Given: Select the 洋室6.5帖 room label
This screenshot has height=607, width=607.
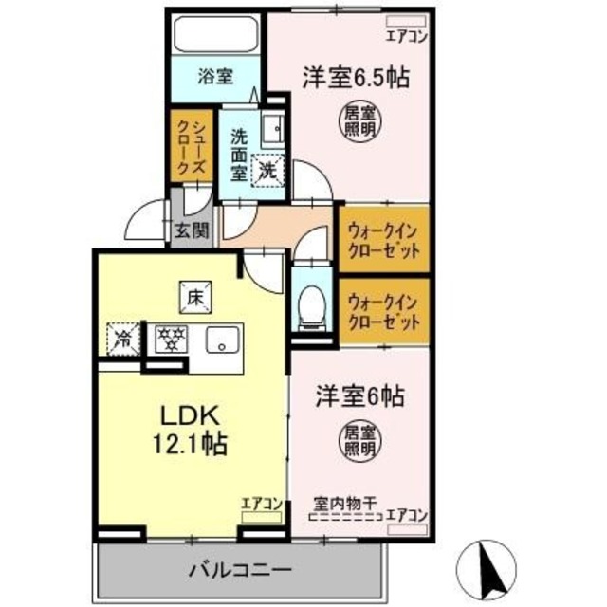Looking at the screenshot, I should tap(356, 77).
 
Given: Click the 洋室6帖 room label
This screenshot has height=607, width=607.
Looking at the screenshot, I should tap(359, 397).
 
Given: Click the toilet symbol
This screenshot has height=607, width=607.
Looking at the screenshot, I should tap(309, 307).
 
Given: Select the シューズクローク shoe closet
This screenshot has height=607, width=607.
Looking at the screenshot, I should tap(186, 146).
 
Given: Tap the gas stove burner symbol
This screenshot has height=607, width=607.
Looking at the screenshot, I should tap(171, 337).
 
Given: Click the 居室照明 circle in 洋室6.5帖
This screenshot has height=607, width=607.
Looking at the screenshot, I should tap(356, 120).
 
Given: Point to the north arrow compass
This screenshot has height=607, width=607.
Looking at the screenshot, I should tap(490, 565).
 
